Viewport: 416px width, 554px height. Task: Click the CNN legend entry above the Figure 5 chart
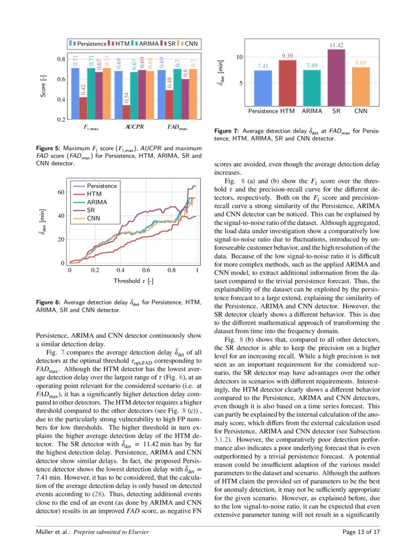[188, 44]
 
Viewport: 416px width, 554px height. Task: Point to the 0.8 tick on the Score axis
[60, 59]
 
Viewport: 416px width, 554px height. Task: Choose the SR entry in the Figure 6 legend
[91, 210]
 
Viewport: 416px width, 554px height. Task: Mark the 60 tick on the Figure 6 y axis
[60, 192]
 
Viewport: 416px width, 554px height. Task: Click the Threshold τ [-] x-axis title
[133, 281]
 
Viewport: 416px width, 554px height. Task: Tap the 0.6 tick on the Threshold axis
[146, 270]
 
